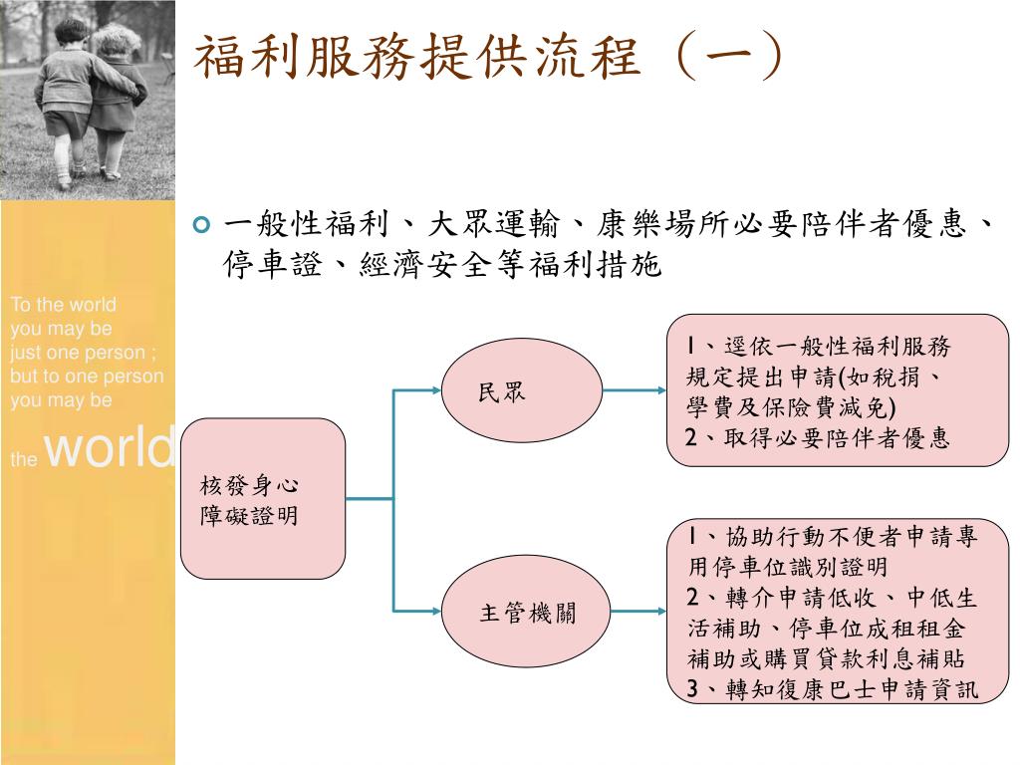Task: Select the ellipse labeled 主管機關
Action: click(x=523, y=610)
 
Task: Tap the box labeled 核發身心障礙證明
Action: click(x=263, y=499)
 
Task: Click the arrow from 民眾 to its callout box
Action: click(x=635, y=389)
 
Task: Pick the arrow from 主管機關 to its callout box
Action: click(x=635, y=610)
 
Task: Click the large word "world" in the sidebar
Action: click(x=111, y=447)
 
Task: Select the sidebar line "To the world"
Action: click(x=63, y=305)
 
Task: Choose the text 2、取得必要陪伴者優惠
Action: click(x=818, y=437)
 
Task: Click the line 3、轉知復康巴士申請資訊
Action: click(x=833, y=689)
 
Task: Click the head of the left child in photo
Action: click(x=72, y=31)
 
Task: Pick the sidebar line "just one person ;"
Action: click(x=84, y=353)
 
